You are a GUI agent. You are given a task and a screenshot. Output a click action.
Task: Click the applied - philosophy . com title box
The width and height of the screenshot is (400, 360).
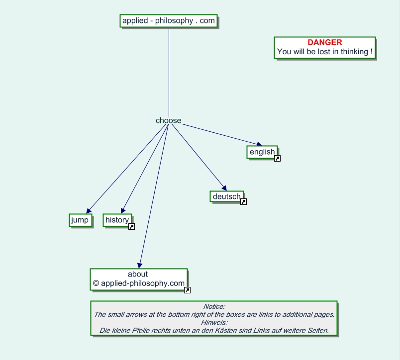click(169, 21)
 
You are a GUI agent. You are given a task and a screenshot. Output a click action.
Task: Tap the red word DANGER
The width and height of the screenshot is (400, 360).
click(325, 42)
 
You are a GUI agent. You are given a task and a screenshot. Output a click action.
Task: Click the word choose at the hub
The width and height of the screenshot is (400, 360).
click(168, 120)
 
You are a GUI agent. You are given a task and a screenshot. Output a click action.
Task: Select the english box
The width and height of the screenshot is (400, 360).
click(262, 152)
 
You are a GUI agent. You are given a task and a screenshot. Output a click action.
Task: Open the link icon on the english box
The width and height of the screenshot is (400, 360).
click(277, 158)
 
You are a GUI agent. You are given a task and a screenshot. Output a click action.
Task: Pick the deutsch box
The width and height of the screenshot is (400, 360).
click(227, 196)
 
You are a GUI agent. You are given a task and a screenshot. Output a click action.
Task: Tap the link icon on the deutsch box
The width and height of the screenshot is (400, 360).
click(243, 202)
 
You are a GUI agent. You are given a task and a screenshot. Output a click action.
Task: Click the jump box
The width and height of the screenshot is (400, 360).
click(81, 220)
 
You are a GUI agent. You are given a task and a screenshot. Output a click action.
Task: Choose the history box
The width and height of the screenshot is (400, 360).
click(117, 220)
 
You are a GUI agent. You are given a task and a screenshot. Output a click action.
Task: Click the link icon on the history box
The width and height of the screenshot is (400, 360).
click(131, 226)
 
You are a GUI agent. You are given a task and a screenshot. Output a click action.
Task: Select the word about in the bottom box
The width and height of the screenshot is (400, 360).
click(138, 274)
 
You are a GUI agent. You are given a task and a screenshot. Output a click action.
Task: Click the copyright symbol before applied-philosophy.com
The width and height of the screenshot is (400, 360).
click(96, 283)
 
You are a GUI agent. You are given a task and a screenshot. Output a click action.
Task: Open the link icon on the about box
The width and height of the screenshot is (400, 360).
click(187, 290)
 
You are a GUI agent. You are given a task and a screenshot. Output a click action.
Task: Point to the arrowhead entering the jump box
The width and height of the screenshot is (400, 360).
click(89, 211)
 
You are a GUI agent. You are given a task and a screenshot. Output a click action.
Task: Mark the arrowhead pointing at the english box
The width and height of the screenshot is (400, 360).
click(259, 144)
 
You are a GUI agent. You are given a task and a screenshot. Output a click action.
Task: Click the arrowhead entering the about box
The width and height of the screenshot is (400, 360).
click(139, 266)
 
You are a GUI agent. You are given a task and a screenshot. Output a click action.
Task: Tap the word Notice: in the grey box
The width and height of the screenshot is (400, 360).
click(214, 306)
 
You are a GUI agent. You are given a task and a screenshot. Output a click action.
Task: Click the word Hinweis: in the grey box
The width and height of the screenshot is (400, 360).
click(214, 323)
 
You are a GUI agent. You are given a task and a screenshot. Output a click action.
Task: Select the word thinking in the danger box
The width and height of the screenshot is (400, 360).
click(354, 52)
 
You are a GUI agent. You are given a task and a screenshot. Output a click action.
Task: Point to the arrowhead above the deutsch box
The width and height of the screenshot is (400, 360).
click(224, 188)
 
